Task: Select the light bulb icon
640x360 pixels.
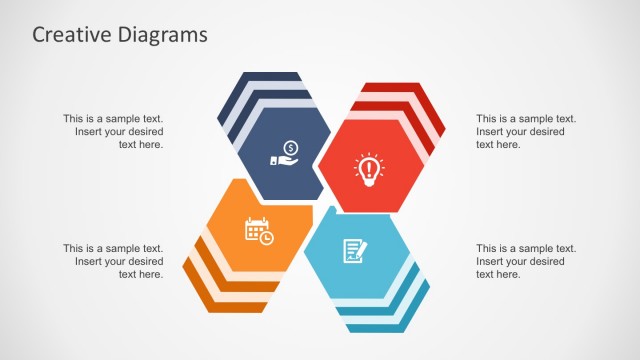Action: pos(367,167)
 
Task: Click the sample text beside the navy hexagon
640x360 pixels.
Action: pos(113,131)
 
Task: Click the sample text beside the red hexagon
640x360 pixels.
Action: pos(526,131)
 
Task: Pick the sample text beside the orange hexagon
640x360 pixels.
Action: pos(113,261)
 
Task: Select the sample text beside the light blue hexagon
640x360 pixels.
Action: pos(526,261)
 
